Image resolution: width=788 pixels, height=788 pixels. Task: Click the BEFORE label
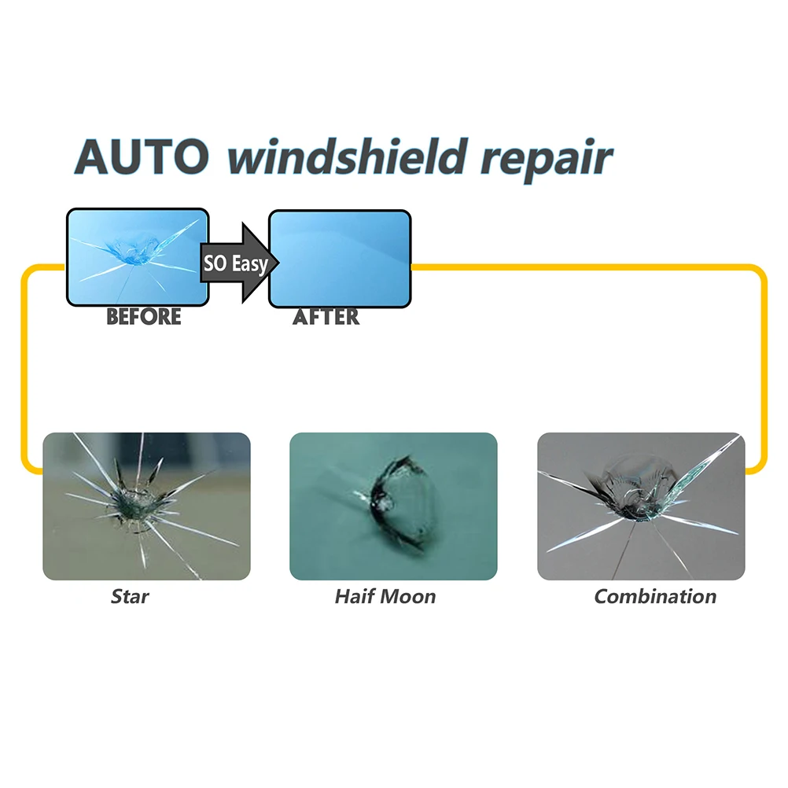(x=143, y=317)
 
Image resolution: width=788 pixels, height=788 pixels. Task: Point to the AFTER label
(x=326, y=317)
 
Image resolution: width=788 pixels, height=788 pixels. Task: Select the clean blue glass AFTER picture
(x=340, y=258)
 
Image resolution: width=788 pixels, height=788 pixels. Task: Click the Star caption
(x=130, y=596)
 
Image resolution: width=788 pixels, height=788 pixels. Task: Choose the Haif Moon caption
(x=385, y=596)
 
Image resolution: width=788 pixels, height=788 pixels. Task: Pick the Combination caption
(x=655, y=596)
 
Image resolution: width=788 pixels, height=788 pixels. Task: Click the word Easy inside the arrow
(x=249, y=263)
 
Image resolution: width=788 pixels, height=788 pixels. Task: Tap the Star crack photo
(x=146, y=506)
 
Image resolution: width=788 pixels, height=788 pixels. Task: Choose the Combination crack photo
(x=640, y=506)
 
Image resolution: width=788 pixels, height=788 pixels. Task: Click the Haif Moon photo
(x=393, y=506)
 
